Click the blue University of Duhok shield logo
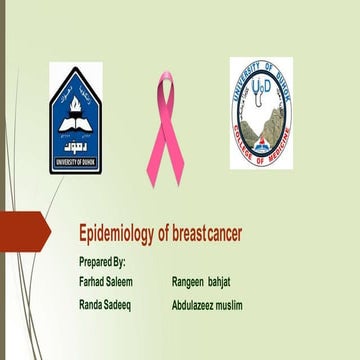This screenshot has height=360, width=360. click(76, 119)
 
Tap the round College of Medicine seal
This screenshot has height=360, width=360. click(261, 112)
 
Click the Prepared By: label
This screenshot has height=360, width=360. click(102, 261)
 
